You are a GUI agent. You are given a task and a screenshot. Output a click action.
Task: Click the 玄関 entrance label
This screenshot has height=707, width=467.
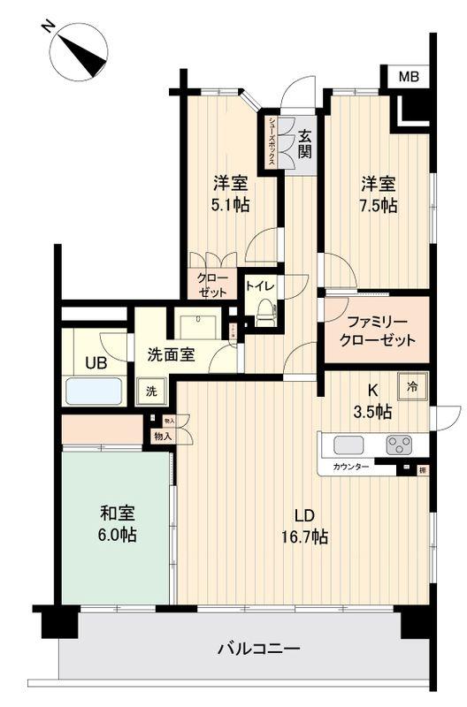point(304,143)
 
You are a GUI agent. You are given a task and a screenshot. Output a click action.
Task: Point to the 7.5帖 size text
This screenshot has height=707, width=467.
point(378,205)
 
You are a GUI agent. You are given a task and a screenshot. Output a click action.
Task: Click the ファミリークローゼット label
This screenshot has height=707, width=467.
point(376,331)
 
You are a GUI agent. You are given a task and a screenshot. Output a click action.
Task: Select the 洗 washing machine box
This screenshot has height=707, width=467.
point(151,390)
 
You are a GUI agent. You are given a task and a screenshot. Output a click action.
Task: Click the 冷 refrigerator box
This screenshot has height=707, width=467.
point(412,384)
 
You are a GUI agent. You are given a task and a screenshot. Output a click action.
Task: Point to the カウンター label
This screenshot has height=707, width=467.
point(351,466)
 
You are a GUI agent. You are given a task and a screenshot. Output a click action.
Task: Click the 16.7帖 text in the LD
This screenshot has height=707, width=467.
point(306,536)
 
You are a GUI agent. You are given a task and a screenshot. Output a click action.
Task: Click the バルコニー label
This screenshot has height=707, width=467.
point(258,650)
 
